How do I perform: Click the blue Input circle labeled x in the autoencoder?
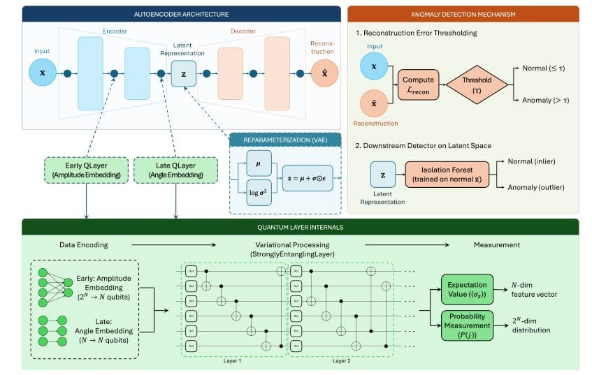pos(42,73)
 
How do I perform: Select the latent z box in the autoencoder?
pos(184,73)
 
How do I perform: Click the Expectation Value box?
pos(468,288)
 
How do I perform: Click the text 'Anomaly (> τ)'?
pos(546,100)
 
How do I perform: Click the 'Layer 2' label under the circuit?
pos(342,362)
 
